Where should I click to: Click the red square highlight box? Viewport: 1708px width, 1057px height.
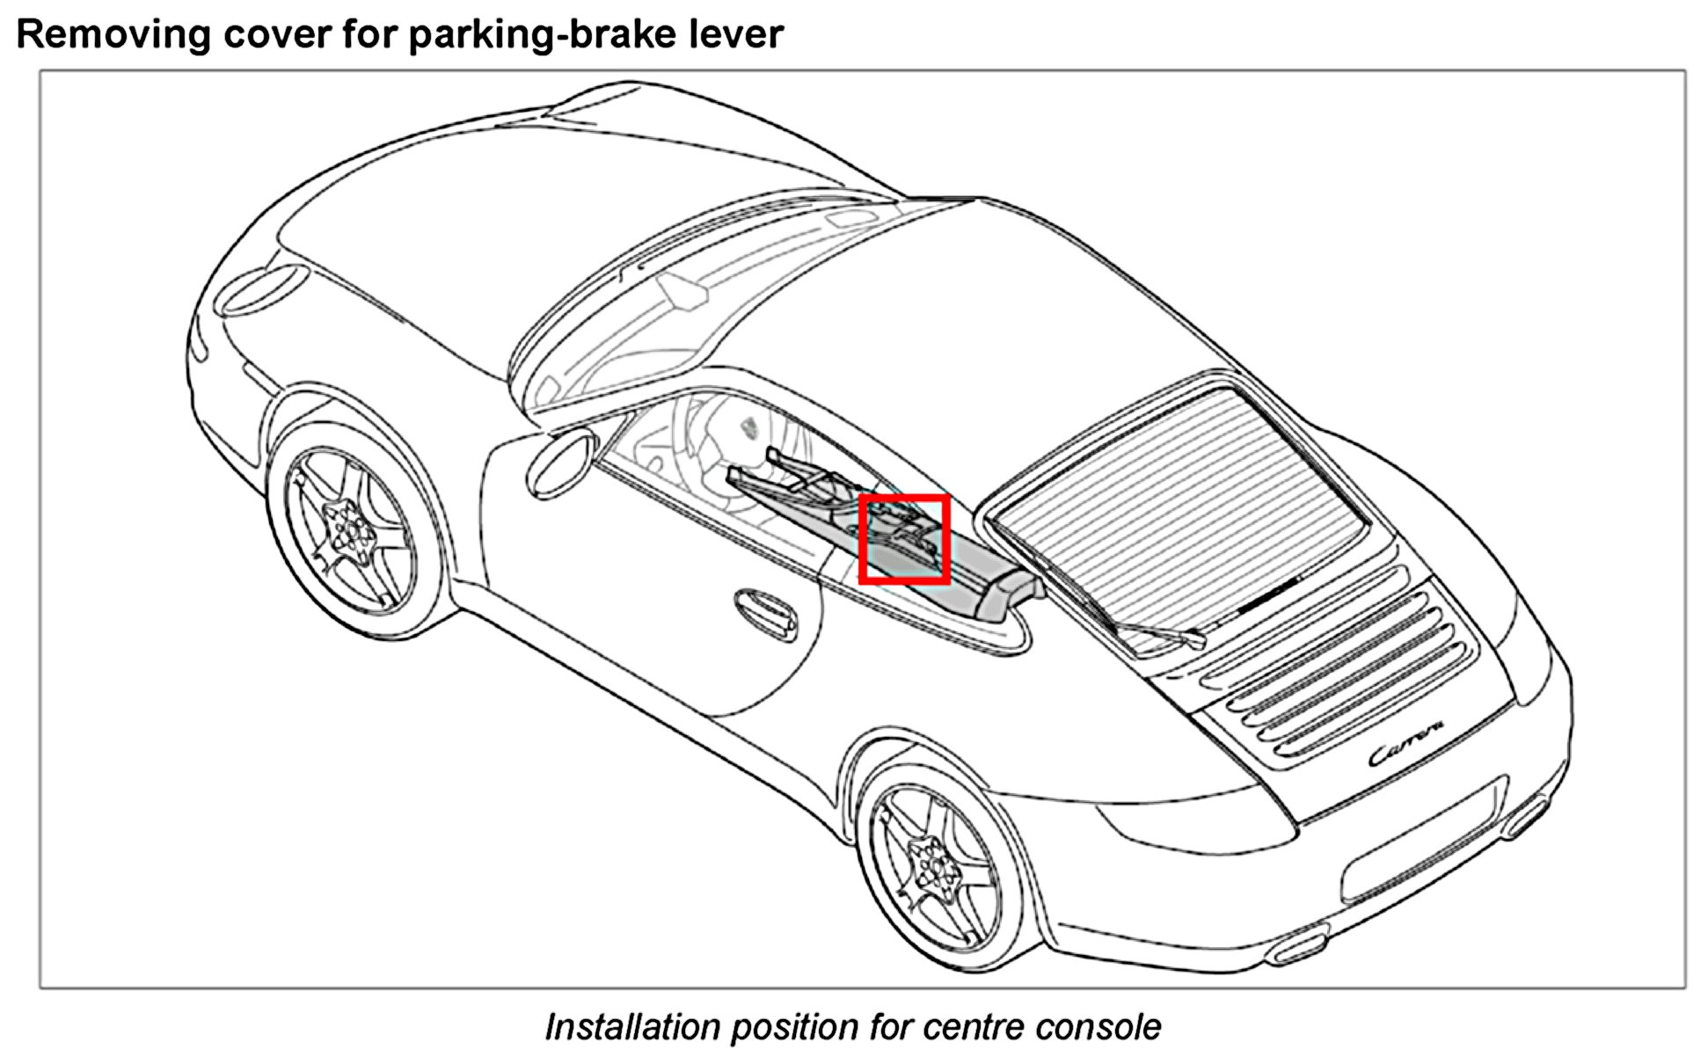click(x=904, y=538)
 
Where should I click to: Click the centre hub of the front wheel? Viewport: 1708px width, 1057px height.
click(x=352, y=529)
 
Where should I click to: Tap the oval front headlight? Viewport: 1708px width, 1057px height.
click(x=263, y=288)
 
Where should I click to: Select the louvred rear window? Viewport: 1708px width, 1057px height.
click(x=1179, y=492)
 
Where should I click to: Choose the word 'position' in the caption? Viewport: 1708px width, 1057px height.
click(x=792, y=1027)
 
